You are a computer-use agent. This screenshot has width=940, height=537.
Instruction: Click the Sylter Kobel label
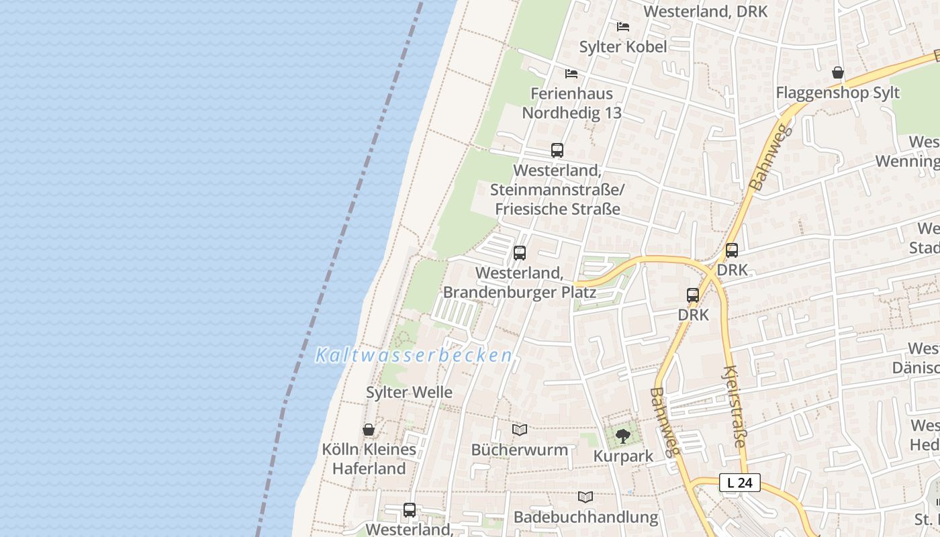[623, 47]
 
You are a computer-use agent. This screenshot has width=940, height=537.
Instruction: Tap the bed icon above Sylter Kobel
[623, 27]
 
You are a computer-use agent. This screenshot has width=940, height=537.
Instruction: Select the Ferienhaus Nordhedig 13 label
[572, 103]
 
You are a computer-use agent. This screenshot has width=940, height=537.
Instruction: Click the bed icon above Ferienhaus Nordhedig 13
[571, 73]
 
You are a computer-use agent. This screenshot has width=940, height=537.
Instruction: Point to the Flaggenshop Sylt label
[837, 93]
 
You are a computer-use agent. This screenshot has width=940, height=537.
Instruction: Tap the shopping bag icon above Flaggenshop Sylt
[838, 72]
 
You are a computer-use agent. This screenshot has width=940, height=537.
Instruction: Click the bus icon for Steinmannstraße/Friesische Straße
[557, 150]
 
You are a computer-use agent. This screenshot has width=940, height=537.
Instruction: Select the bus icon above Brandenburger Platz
[520, 253]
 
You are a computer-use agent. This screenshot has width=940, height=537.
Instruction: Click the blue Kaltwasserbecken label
[414, 355]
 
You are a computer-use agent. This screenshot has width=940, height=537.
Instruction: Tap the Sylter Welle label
[409, 392]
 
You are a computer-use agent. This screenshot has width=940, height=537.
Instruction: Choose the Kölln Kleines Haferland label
[369, 458]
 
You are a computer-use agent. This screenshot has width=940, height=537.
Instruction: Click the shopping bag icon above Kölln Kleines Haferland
[369, 430]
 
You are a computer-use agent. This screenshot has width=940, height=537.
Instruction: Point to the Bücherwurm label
[520, 450]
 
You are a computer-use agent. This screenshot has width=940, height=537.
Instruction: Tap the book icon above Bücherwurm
[520, 430]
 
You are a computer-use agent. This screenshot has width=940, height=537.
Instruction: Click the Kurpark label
[623, 456]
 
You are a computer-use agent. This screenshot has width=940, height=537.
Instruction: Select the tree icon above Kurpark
[623, 436]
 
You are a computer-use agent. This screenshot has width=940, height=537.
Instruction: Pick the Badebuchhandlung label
[585, 517]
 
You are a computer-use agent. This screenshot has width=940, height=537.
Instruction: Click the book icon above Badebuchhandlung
[585, 497]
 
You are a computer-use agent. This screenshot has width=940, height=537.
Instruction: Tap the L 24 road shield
[740, 483]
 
